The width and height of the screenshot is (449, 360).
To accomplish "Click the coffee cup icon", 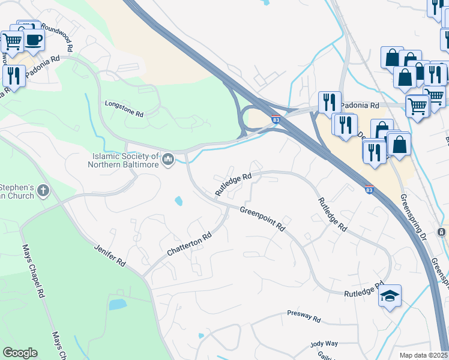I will tap(34, 40).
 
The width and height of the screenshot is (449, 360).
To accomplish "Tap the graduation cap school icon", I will tap(390, 296).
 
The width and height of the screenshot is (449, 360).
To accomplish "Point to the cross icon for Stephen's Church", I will tap(43, 191).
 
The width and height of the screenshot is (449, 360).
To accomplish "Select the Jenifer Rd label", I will tap(109, 254).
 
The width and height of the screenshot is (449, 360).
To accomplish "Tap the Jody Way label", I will tap(324, 344).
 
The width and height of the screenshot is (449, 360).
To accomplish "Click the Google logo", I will tap(20, 353).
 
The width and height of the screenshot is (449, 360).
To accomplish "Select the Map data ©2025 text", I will tap(423, 355).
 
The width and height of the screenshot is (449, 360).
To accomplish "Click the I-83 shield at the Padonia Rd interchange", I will tap(276, 119).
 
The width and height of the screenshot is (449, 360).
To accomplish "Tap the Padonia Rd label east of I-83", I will tap(360, 105).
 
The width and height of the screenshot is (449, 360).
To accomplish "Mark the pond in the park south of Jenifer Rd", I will tap(117, 304).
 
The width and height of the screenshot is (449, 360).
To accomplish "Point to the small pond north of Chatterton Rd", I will tap(179, 201).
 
